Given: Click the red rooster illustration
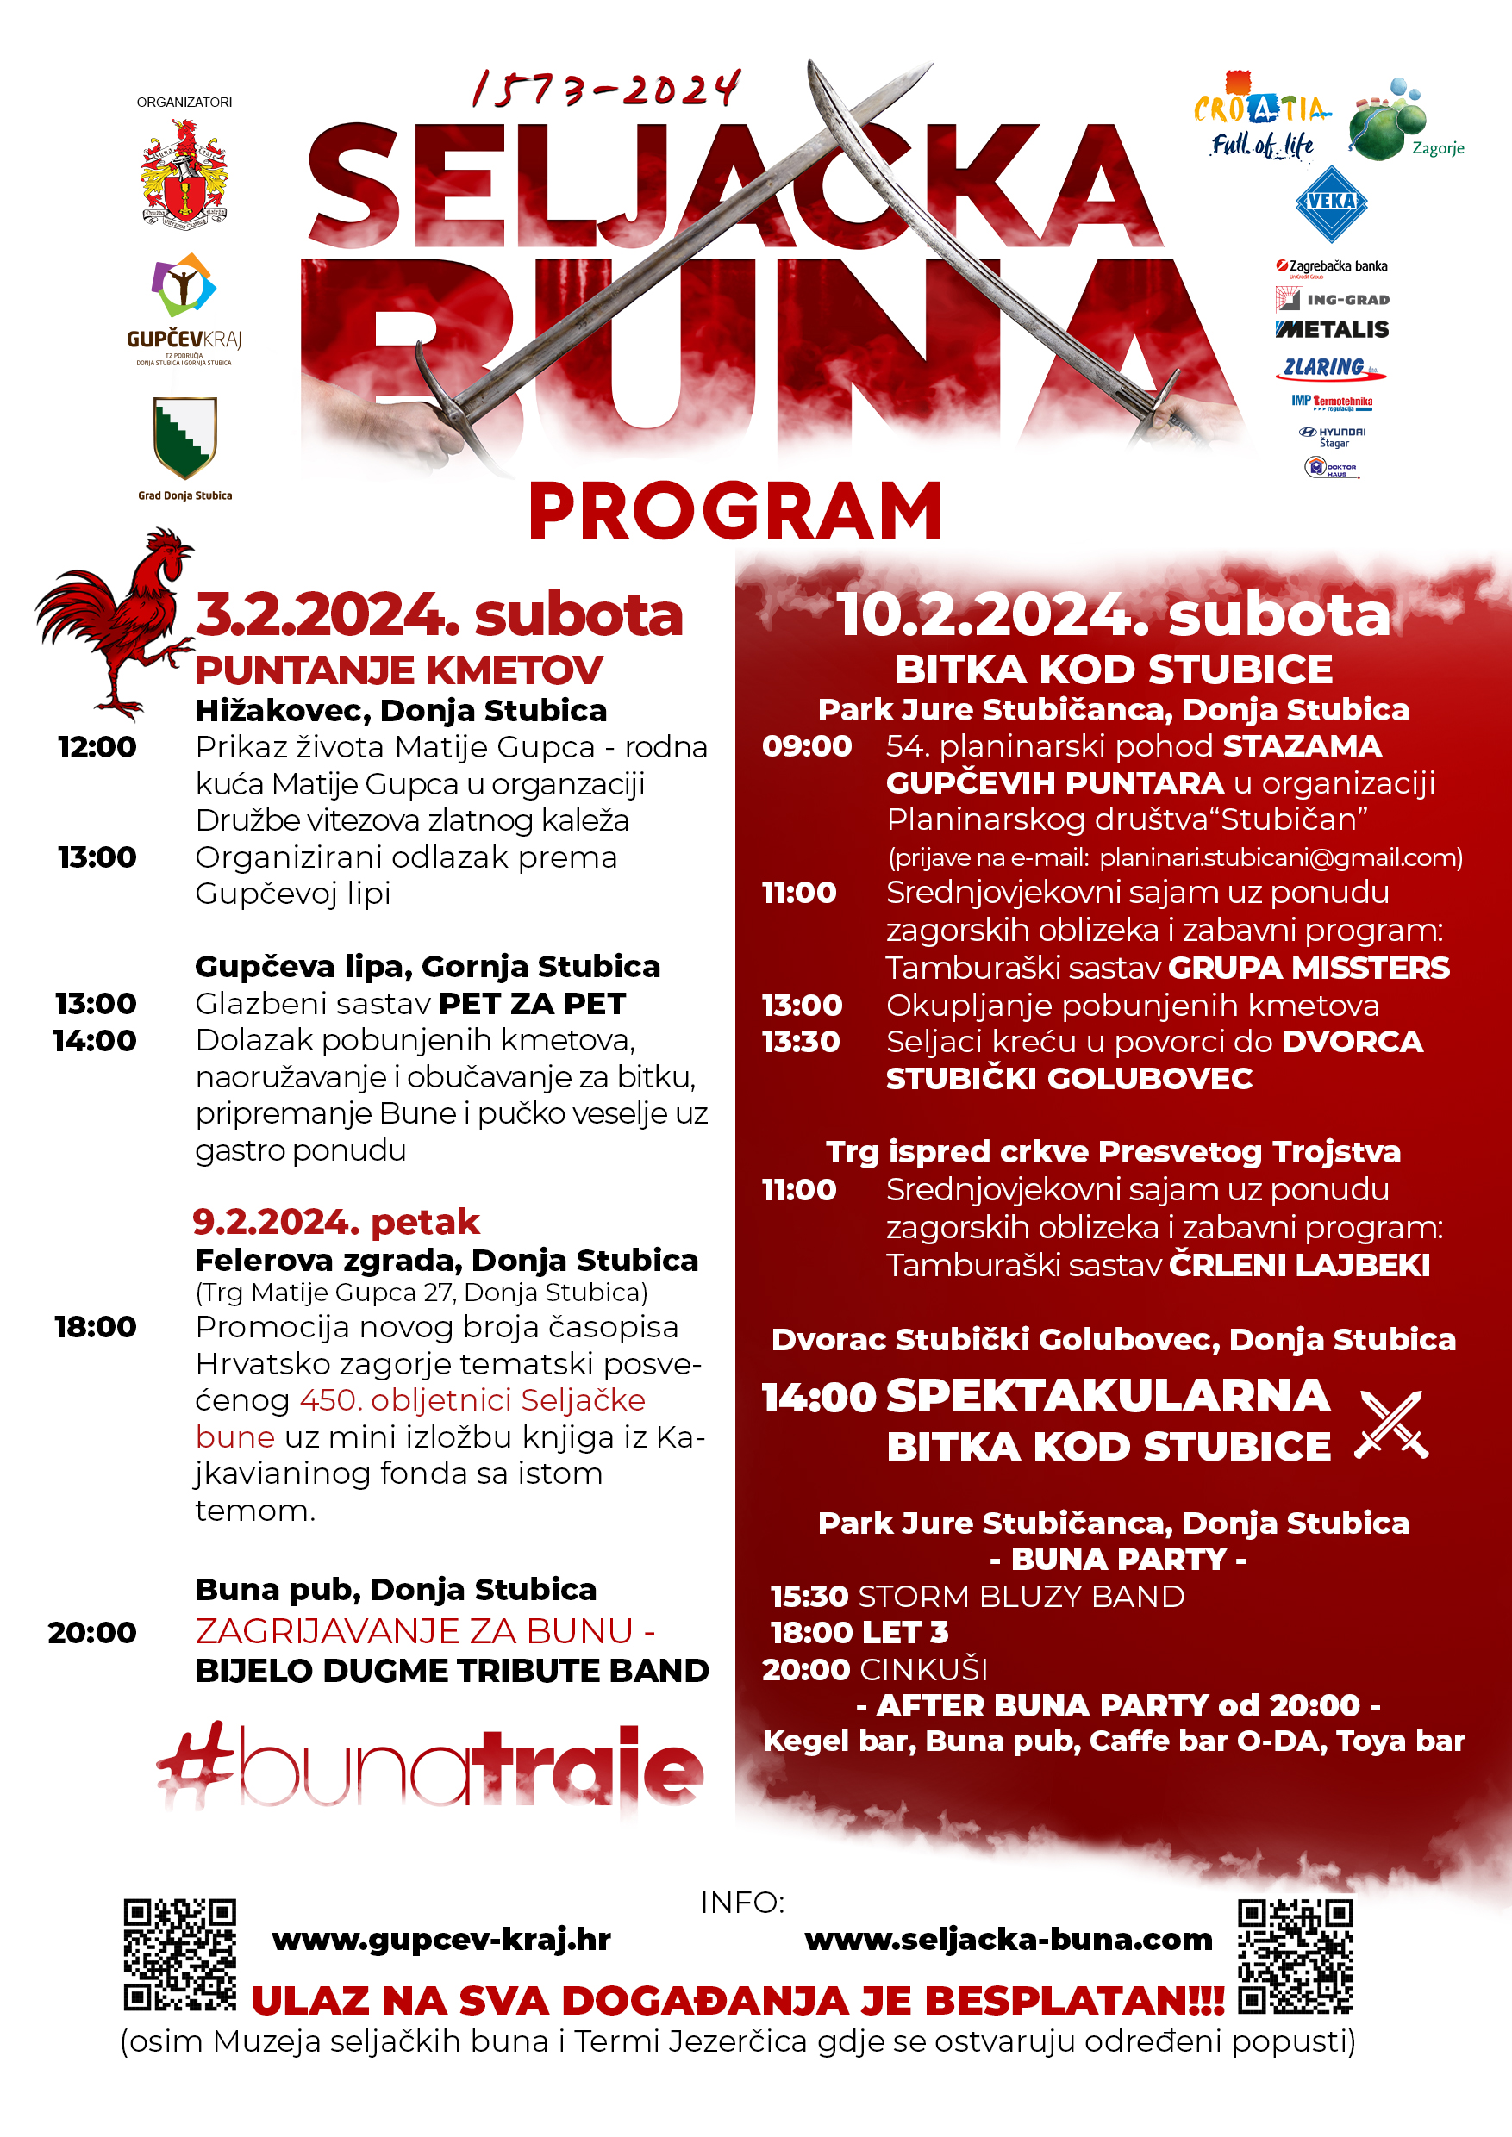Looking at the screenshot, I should click(x=116, y=624).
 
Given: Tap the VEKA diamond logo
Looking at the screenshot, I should click(x=1331, y=202).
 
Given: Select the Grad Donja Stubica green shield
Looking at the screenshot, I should click(x=185, y=437).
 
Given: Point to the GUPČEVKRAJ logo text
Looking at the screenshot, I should click(x=184, y=340).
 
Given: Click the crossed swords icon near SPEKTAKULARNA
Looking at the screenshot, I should click(x=1391, y=1424).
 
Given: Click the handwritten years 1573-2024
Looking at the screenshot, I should click(x=606, y=90).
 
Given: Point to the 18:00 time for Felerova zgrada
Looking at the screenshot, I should click(x=95, y=1327).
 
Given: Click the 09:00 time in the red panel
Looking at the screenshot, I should click(x=806, y=746).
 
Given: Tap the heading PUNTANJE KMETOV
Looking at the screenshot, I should click(x=398, y=670).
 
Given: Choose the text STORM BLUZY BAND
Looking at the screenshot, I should click(x=1021, y=1596).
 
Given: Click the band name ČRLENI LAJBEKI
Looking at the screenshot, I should click(x=1300, y=1266).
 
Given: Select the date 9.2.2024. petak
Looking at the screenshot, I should click(x=336, y=1222).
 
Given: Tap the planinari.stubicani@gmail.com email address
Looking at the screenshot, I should click(x=1280, y=857).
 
